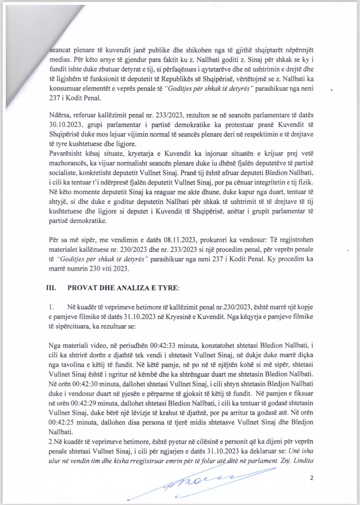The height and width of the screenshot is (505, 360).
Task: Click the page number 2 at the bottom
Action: (312, 478)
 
